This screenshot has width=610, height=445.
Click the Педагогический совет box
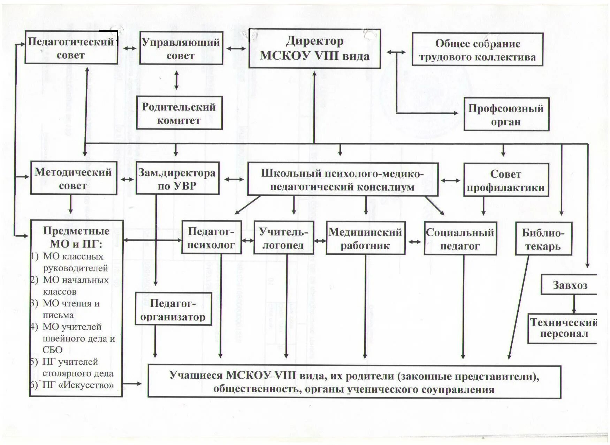pos(71,47)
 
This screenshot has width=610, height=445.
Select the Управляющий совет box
pos(181,48)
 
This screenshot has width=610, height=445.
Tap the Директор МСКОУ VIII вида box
pos(314,49)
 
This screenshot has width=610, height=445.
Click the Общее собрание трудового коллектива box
pos(477,49)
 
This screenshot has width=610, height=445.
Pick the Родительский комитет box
pos(179,113)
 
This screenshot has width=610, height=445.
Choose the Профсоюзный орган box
pos(506,114)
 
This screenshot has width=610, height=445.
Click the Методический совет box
pos(73,178)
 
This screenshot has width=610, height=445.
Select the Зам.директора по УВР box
pos(177,178)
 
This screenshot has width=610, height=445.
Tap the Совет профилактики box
pos(506,180)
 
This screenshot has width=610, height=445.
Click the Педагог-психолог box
pos(211,237)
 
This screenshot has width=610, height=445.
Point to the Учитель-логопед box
pos(283,238)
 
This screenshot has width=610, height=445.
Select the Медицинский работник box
pos(365,238)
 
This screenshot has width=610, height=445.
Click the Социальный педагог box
pos(460,239)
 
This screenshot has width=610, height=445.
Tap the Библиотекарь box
pos(543,239)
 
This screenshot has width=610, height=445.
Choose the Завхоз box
pos(570,285)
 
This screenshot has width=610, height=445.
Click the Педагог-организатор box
pos(173,309)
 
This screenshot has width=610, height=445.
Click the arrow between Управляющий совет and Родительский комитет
pos(176,80)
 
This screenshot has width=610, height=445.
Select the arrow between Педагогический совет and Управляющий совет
pos(129,48)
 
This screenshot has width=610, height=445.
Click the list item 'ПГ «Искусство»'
pos(78,385)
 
